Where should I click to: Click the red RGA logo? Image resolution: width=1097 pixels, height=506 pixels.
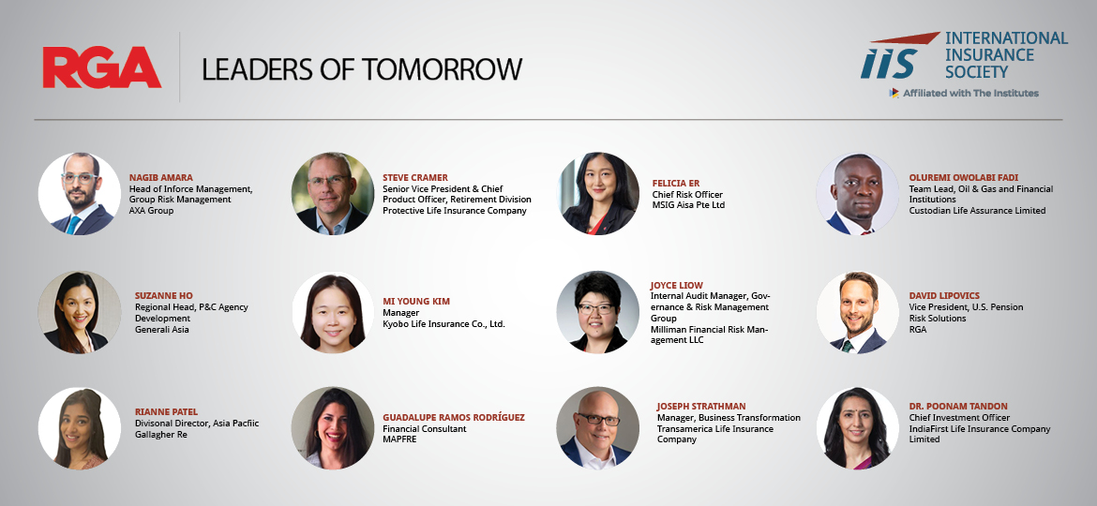tap(102, 67)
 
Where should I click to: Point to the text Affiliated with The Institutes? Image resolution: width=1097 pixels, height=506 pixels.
tap(970, 93)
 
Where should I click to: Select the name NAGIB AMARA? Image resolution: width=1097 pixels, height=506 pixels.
tap(161, 177)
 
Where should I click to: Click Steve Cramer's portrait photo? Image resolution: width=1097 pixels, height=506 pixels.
tap(332, 194)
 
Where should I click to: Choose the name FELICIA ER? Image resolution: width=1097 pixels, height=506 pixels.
tap(676, 183)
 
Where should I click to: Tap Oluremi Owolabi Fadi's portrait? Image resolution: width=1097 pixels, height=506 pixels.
tap(857, 194)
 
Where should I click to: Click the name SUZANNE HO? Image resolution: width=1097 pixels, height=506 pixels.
tap(164, 295)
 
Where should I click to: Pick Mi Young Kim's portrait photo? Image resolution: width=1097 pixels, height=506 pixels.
tap(332, 312)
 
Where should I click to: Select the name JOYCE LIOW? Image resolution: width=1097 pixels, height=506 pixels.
tap(677, 285)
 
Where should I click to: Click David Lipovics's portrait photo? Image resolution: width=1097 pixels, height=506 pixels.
tap(857, 312)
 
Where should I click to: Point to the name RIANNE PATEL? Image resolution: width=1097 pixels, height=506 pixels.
tap(167, 411)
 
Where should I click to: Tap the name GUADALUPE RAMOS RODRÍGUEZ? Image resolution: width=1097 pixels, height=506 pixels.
tap(454, 417)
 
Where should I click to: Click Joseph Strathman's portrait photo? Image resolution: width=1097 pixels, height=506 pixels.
tap(597, 427)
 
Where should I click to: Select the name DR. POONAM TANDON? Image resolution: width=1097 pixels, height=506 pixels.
tap(958, 406)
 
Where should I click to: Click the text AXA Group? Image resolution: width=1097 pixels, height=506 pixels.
tap(151, 211)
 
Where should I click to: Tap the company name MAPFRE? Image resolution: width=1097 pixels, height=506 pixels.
tap(399, 439)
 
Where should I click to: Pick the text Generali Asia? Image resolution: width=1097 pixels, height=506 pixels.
tap(161, 329)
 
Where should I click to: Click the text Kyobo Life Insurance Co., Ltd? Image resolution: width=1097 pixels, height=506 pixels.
tap(443, 323)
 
